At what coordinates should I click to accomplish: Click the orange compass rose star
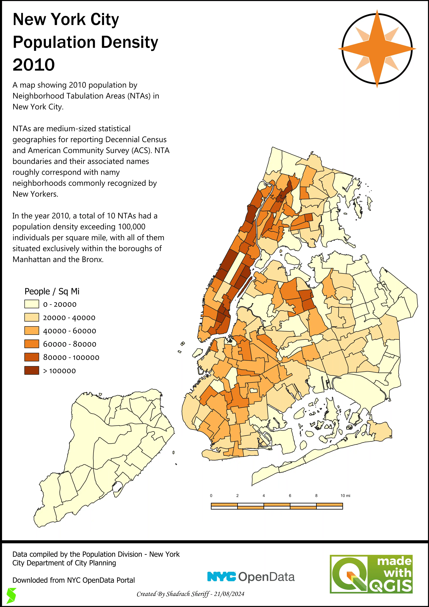point(377,49)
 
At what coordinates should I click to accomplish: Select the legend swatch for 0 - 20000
point(32,304)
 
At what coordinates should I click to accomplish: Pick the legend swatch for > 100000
point(32,370)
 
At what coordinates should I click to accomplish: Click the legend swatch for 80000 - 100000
point(32,357)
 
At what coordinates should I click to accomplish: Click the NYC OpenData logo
point(251,577)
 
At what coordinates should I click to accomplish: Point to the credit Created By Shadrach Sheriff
point(173,594)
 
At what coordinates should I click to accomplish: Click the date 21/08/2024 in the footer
point(229,594)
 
